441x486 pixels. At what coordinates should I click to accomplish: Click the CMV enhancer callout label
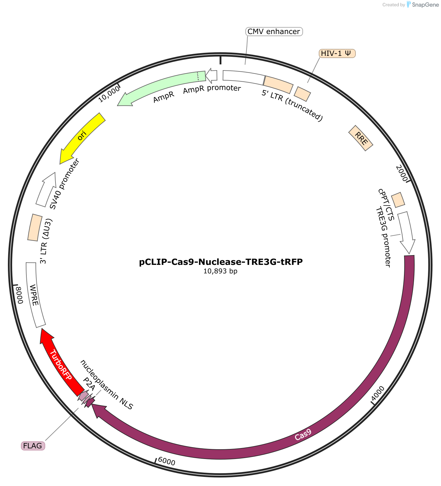coord(274,31)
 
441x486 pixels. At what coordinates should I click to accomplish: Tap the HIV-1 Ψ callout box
coord(337,53)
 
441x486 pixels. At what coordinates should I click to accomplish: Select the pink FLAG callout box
coord(33,446)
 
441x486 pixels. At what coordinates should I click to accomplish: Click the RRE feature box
coord(361,138)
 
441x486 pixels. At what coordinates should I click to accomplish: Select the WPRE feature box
coord(35,295)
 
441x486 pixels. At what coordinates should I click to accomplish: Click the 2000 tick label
coord(402,173)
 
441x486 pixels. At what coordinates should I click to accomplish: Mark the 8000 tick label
coord(19,295)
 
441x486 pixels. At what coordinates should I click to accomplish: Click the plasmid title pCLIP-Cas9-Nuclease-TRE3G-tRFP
coord(221,262)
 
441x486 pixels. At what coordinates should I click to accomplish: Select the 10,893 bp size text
coord(220,271)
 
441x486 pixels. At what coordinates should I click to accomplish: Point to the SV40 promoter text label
coord(64,184)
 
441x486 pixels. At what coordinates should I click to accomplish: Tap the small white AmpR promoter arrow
coord(211,76)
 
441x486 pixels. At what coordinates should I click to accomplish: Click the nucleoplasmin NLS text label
coord(107,385)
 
